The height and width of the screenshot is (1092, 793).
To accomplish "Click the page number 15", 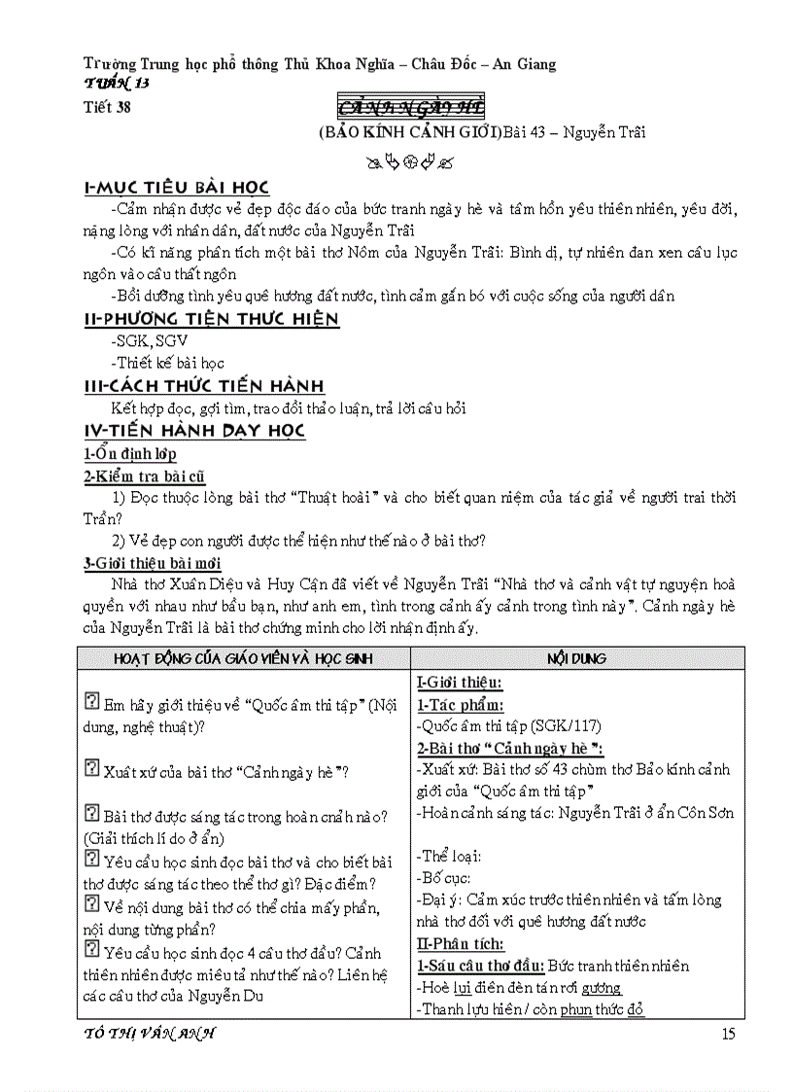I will click(729, 1033).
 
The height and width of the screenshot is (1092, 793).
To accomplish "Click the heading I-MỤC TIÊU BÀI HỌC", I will click(177, 188).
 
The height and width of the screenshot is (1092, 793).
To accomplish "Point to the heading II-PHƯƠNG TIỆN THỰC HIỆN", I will click(212, 319).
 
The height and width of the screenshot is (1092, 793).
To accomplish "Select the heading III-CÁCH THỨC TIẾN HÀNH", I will click(205, 386).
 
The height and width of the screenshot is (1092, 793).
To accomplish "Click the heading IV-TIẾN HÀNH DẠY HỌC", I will click(195, 430).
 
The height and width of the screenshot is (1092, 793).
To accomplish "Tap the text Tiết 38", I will click(107, 108).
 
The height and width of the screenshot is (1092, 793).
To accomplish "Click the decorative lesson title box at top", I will click(410, 107).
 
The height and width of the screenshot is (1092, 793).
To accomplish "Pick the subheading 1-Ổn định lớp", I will click(129, 454).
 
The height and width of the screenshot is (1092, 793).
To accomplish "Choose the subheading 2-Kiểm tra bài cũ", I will click(144, 476).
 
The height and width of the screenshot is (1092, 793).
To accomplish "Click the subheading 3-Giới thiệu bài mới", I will click(153, 562).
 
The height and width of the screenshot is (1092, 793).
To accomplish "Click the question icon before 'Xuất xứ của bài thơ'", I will click(92, 769).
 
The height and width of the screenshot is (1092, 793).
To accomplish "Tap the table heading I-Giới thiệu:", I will click(460, 683).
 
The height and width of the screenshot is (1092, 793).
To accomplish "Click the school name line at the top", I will click(321, 64).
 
